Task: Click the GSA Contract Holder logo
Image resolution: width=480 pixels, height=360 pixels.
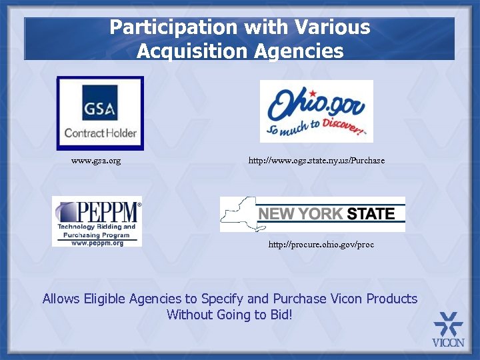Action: click(99, 113)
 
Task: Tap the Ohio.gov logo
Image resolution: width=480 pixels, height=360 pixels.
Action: click(316, 111)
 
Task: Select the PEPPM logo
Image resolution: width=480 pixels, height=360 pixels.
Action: click(97, 221)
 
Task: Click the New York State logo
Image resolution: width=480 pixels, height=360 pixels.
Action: click(312, 214)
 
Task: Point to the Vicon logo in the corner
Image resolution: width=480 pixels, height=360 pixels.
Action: click(448, 330)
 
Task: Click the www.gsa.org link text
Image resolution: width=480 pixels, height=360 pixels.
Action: click(96, 161)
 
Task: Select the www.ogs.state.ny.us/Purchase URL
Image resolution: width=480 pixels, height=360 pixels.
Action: click(316, 161)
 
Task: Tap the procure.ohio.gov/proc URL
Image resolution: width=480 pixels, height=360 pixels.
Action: click(321, 245)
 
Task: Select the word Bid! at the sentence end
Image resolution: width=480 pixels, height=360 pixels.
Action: click(279, 314)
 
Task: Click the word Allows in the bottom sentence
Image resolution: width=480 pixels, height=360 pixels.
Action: click(61, 299)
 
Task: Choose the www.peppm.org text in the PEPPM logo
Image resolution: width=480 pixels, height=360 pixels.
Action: click(97, 243)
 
